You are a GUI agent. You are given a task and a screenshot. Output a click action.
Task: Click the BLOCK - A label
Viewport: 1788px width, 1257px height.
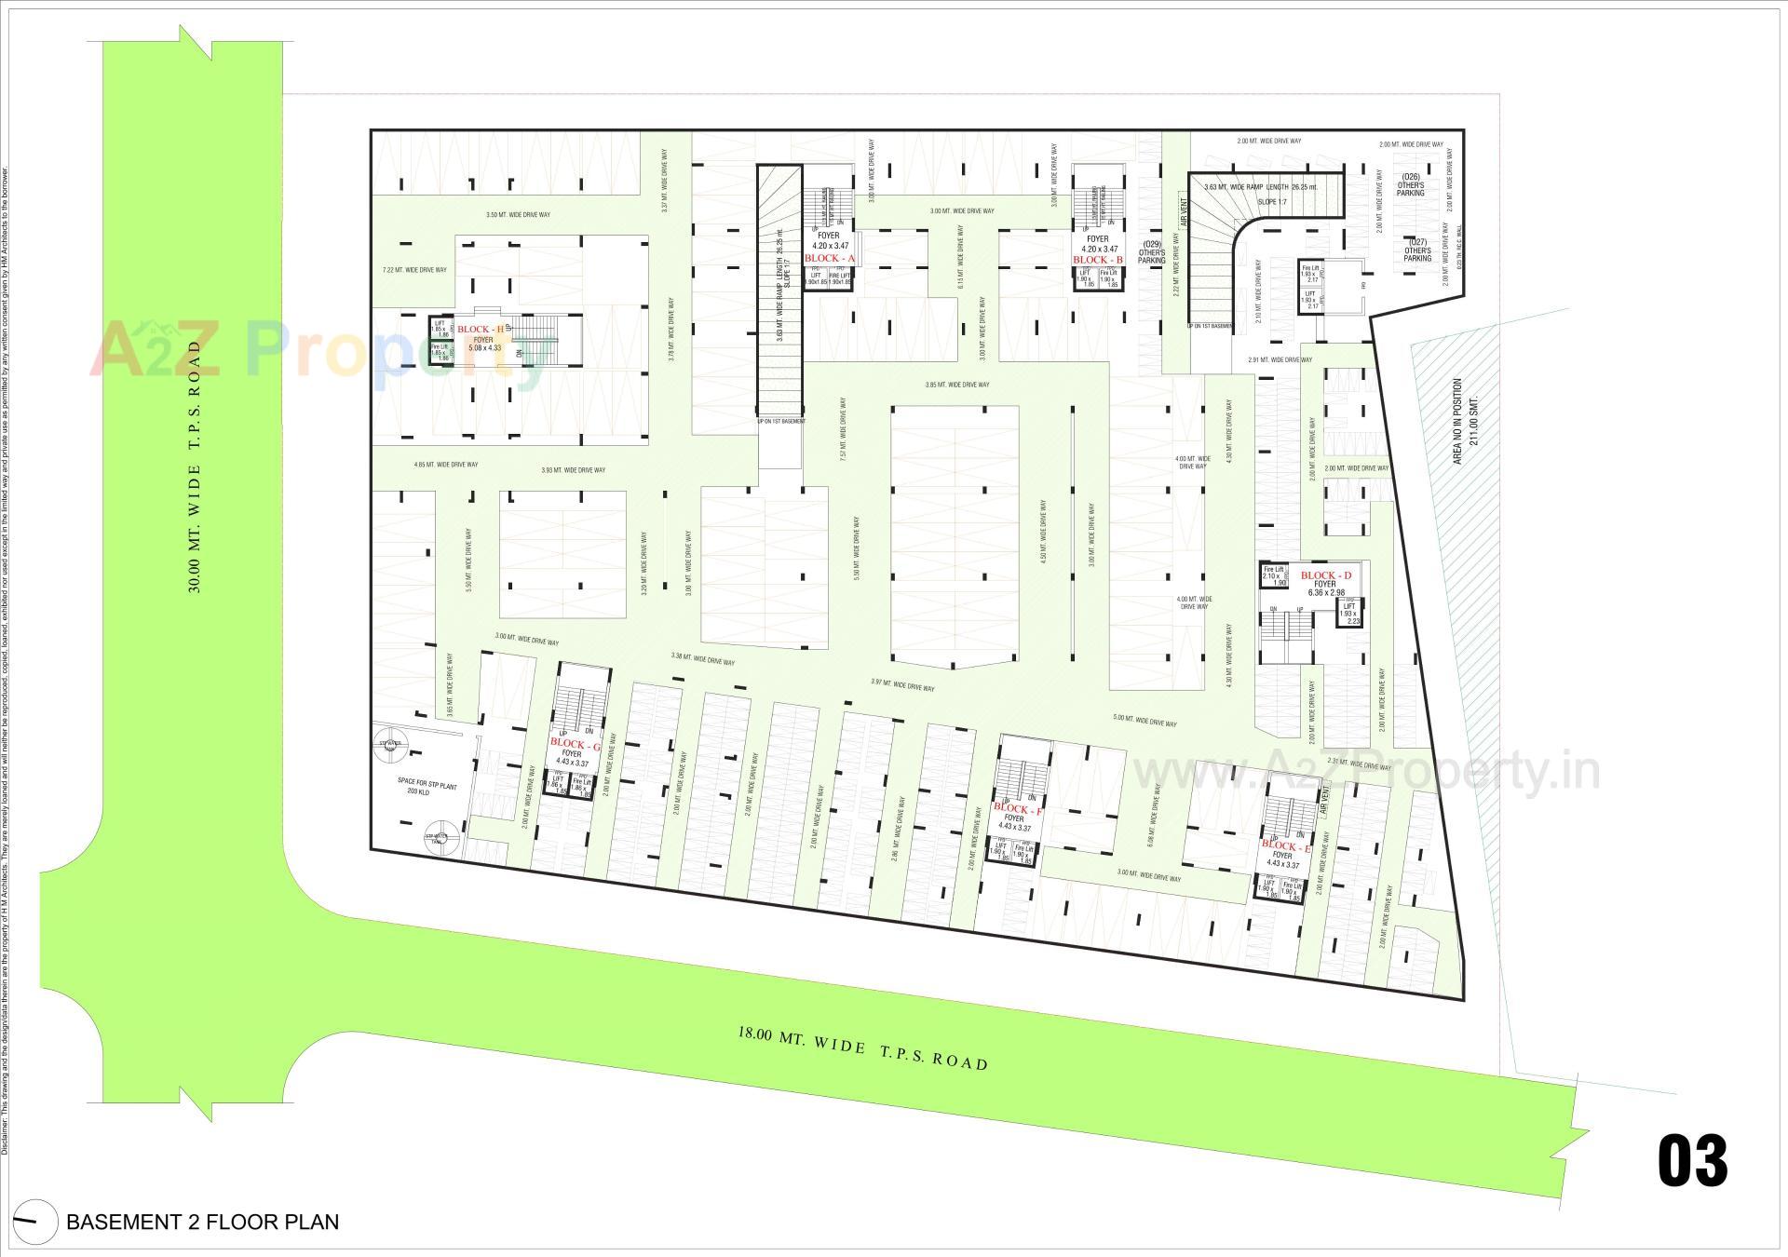[x=829, y=258]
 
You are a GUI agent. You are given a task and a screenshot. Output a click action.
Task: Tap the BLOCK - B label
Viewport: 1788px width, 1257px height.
[x=1098, y=260]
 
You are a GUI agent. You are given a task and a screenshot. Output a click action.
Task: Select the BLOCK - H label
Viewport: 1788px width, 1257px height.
[x=481, y=330]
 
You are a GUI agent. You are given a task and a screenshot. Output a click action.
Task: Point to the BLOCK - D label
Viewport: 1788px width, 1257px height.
[x=1325, y=575]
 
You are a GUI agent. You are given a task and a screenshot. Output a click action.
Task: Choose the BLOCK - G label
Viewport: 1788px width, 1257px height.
[x=576, y=744]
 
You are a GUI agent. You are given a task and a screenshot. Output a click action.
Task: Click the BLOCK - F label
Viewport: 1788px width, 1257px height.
[x=1018, y=808]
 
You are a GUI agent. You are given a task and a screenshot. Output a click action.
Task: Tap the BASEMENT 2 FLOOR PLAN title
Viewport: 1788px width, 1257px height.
[x=202, y=1222]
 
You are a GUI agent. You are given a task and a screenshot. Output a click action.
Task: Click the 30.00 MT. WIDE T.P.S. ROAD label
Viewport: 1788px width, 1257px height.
[x=195, y=466]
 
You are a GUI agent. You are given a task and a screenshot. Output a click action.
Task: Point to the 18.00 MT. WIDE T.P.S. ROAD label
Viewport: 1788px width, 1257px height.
[x=862, y=1047]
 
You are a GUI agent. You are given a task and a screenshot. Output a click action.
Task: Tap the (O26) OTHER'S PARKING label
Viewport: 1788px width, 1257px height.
[x=1410, y=184]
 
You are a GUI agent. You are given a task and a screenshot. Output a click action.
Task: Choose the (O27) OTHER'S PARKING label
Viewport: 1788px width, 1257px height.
[x=1416, y=250]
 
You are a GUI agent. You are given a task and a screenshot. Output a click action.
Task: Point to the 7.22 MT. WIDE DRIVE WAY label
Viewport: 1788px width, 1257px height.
[x=414, y=270]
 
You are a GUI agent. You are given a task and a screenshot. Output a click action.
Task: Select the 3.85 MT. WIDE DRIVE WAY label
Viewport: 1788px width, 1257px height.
[x=956, y=385]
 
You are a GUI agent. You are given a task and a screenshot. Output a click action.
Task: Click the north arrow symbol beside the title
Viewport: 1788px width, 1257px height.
[x=31, y=1221]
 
